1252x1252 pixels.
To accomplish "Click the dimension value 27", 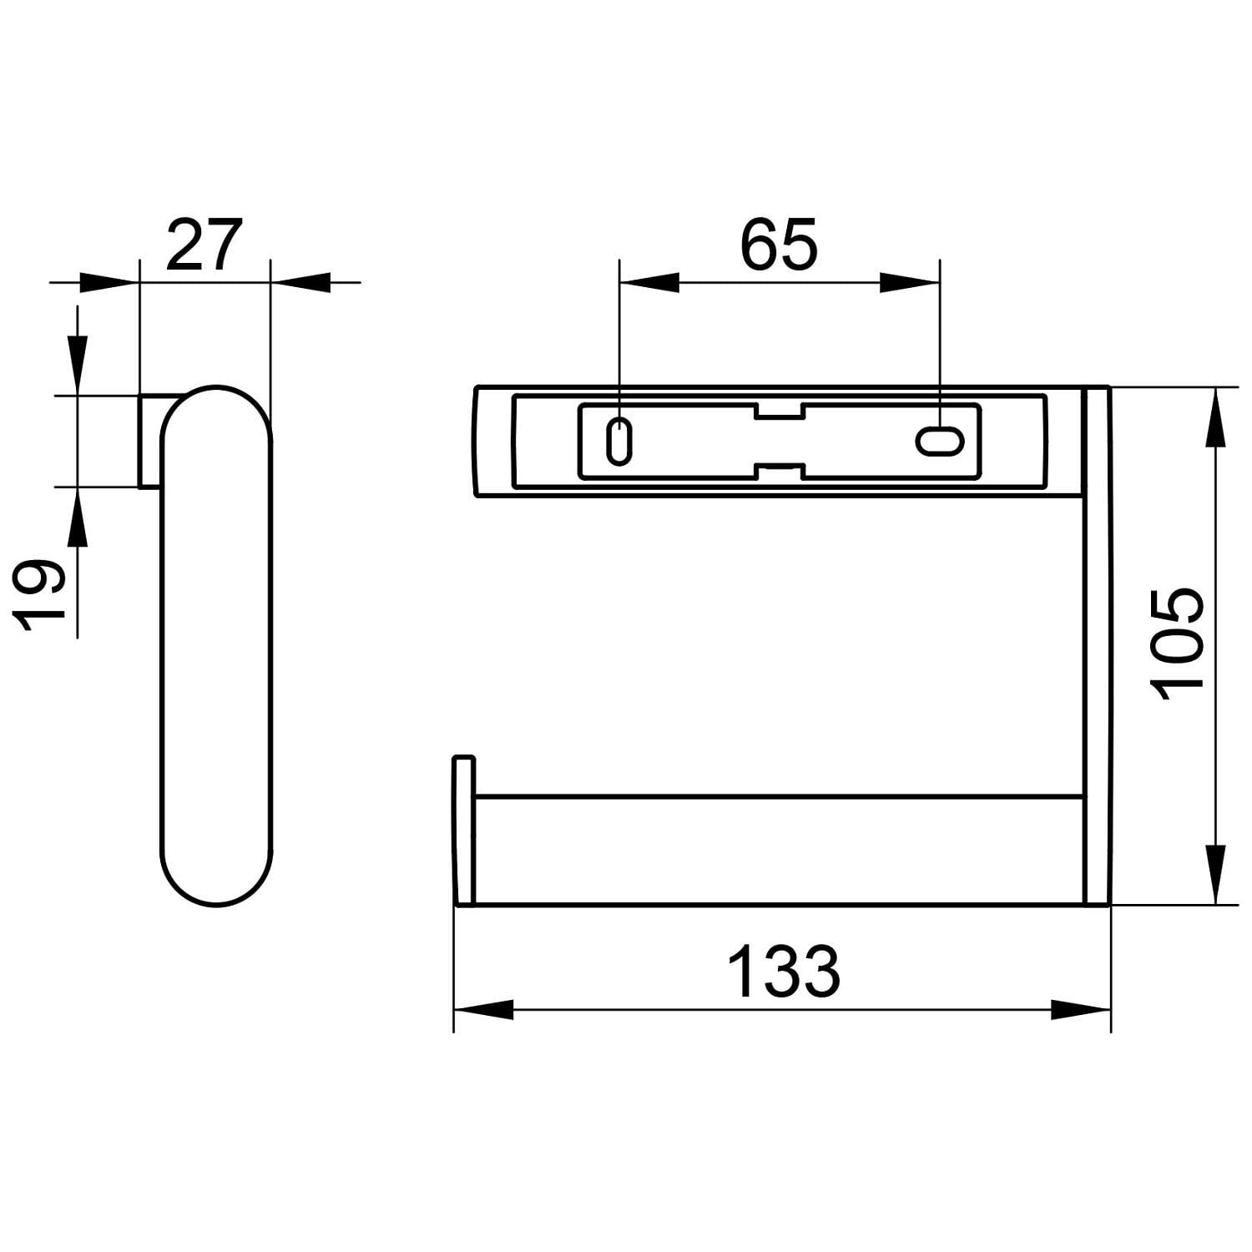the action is pyautogui.click(x=204, y=245).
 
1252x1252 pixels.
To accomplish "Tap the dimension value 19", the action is pyautogui.click(x=39, y=595).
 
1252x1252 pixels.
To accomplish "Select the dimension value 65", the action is pyautogui.click(x=779, y=245).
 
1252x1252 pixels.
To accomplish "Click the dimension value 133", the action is pyautogui.click(x=784, y=972).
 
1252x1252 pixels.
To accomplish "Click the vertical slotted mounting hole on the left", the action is pyautogui.click(x=618, y=440).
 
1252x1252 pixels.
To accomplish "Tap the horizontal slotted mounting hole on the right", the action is pyautogui.click(x=941, y=441).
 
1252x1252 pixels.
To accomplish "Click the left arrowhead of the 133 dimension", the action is pyautogui.click(x=483, y=1009).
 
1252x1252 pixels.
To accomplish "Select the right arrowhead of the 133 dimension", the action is pyautogui.click(x=1081, y=1009).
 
